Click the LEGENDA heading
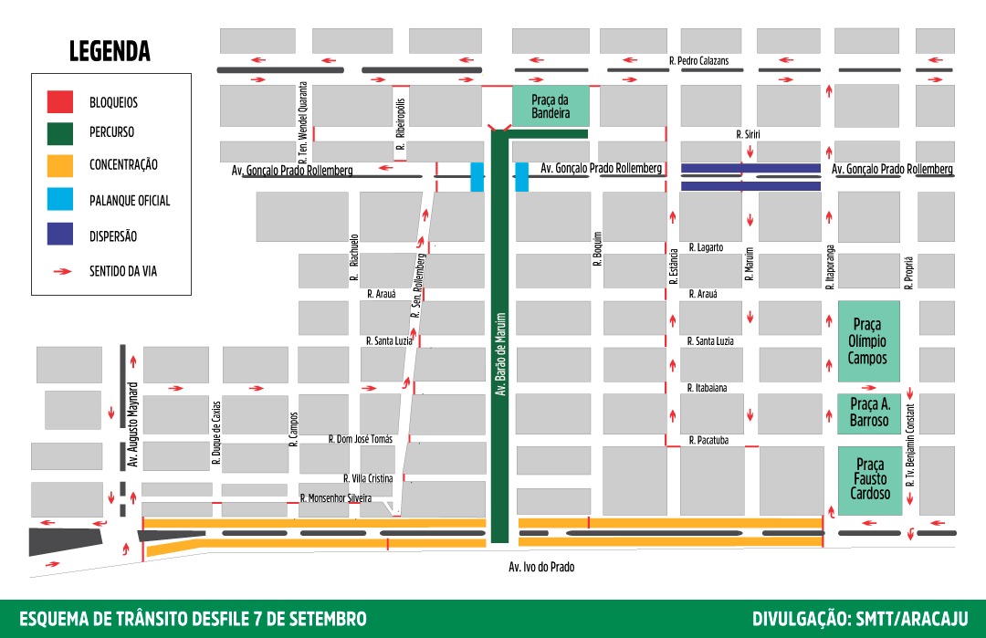click(x=110, y=51)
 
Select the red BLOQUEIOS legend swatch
click(x=59, y=102)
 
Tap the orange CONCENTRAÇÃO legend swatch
click(x=59, y=165)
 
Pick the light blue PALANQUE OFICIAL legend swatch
click(x=59, y=200)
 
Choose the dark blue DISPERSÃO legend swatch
click(x=59, y=235)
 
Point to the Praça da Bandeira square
click(x=551, y=106)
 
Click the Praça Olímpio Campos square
click(x=868, y=340)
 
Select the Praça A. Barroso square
click(x=868, y=413)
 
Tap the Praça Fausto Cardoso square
click(x=868, y=480)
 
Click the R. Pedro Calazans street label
click(x=698, y=61)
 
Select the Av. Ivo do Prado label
click(x=541, y=567)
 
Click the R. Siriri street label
click(x=748, y=134)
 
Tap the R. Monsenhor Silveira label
click(x=336, y=498)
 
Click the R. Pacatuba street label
click(x=708, y=440)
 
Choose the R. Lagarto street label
click(x=706, y=247)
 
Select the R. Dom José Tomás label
click(x=360, y=439)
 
